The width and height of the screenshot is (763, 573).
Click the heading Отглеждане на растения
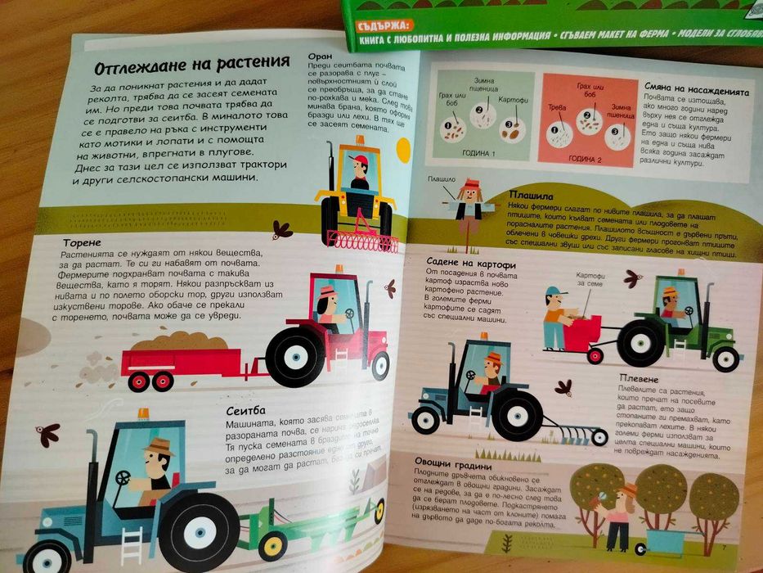click(x=191, y=65)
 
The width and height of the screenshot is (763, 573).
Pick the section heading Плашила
click(x=531, y=196)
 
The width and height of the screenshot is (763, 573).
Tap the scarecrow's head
click(x=468, y=192)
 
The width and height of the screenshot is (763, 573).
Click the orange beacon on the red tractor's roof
click(x=338, y=269)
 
